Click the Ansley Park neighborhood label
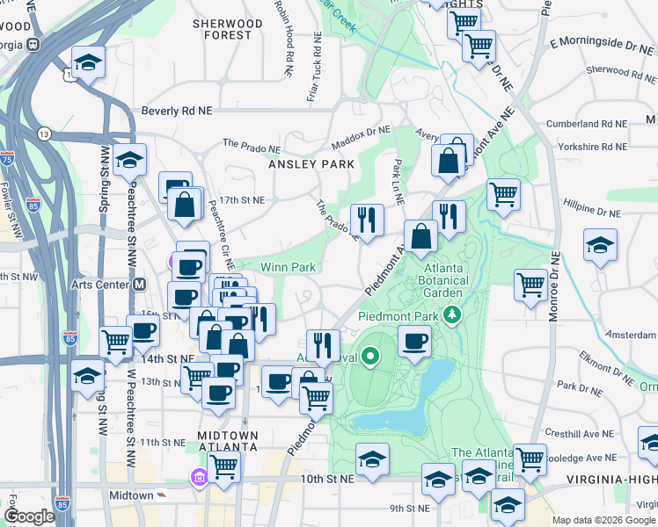[x=311, y=164]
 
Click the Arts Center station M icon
[x=139, y=284]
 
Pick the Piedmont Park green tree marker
[x=452, y=314]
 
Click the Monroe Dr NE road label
[x=554, y=285]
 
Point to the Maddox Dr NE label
[x=361, y=138]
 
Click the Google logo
[x=30, y=516]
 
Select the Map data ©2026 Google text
[x=603, y=520]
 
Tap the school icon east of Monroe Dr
[x=600, y=245]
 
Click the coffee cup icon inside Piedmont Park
[x=414, y=342]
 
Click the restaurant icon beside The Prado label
[x=366, y=219]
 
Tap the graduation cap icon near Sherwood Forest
[x=88, y=62]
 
